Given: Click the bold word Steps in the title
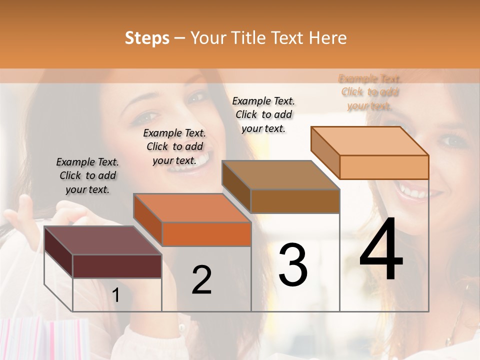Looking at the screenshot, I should pos(147,38).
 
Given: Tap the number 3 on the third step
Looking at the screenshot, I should pos(292,265).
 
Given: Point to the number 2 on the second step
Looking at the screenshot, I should pos(201,280).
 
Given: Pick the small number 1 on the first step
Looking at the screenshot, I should pos(115,295).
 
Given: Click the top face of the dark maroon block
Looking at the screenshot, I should pos(102,240).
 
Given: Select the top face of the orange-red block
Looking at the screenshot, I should pos(191,207).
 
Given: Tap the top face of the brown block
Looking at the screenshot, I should pos(280,175).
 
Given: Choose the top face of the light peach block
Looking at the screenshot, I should pos(369,140).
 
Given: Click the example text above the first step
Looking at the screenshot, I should pos(87,175).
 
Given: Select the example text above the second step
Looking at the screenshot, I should pos(174,146).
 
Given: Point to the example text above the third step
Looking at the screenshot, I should pos(263,114).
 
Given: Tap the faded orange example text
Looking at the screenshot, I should pos(369,92).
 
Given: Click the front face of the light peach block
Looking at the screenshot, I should pos(384,167).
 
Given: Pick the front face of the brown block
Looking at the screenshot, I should pos(295,201).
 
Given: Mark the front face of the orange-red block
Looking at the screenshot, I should pos(206,234).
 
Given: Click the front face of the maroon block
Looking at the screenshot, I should pos(117,266).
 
